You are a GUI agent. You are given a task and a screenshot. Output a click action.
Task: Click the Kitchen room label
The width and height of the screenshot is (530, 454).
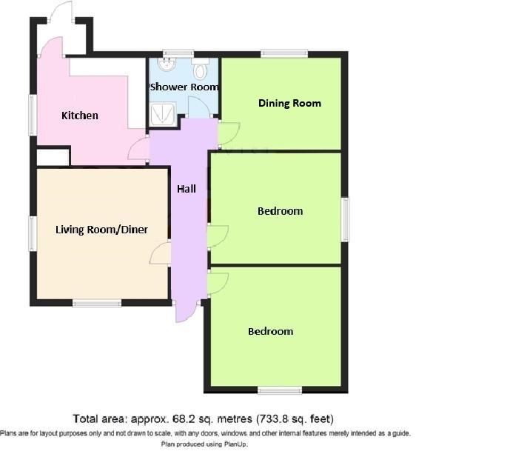[79, 116]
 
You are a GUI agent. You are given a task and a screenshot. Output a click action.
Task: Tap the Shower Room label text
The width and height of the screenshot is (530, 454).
[184, 87]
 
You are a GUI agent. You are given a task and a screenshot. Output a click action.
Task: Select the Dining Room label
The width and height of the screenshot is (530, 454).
[289, 103]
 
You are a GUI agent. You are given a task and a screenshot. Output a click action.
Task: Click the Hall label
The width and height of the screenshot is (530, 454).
[187, 189]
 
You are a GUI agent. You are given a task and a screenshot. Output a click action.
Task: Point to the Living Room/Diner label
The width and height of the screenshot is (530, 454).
[101, 230]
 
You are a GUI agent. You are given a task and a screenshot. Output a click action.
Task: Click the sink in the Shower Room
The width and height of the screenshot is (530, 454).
[168, 64]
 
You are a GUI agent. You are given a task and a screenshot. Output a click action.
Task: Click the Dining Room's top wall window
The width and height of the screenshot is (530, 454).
[284, 53]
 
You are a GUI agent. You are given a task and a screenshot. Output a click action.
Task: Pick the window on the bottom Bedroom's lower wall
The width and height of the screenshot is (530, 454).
[279, 389]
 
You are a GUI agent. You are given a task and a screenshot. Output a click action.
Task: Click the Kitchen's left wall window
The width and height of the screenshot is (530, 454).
[33, 115]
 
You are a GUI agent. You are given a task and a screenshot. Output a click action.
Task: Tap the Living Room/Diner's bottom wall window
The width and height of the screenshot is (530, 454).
[97, 303]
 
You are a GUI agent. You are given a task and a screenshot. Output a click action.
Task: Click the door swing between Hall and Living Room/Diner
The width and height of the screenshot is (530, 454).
[159, 256]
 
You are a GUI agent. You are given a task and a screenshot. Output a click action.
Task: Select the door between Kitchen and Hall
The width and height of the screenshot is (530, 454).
[138, 150]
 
